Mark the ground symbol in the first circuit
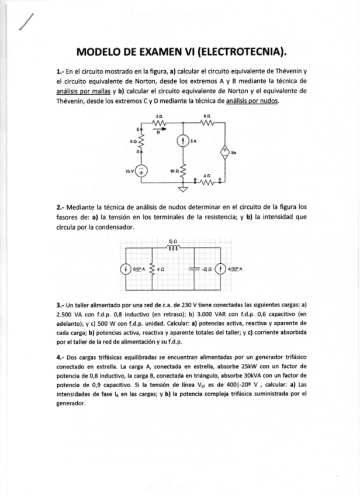(x=183, y=190)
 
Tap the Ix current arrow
(x=158, y=130)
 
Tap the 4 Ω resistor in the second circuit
(x=153, y=270)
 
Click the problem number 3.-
(x=60, y=305)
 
